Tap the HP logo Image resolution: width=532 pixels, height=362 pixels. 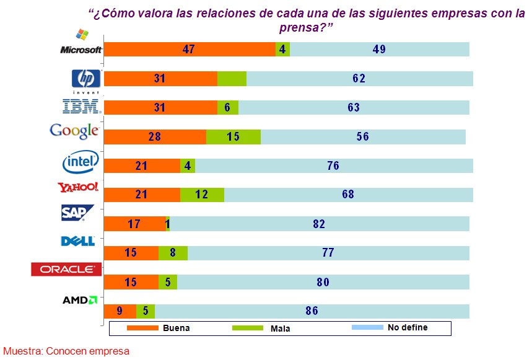click(86, 79)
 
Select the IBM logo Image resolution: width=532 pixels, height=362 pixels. click(82, 107)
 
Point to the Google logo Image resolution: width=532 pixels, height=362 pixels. click(74, 130)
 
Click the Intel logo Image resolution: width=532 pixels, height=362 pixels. click(81, 162)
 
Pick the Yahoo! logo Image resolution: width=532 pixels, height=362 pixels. click(77, 187)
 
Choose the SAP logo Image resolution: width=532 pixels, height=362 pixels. click(77, 213)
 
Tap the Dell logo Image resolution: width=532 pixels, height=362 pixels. click(78, 241)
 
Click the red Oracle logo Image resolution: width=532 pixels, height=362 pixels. click(66, 269)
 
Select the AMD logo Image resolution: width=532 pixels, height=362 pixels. click(80, 300)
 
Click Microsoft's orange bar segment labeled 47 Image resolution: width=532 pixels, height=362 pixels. click(190, 50)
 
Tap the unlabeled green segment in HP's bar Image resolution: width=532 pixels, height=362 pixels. click(232, 79)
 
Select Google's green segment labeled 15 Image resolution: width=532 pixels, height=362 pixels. click(233, 136)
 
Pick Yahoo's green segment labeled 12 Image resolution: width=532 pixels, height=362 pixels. click(202, 195)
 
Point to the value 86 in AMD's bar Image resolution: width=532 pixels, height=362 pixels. click(312, 311)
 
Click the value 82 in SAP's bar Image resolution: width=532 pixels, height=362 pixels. click(319, 224)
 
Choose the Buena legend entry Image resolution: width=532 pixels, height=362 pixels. click(161, 328)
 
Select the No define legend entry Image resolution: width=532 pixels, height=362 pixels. click(390, 327)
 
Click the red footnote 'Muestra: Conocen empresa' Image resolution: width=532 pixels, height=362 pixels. click(66, 351)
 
